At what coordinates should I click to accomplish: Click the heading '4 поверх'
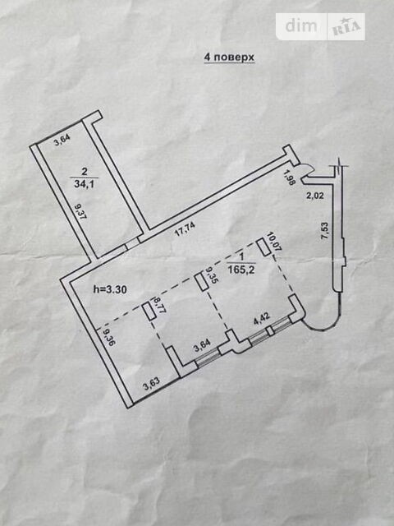click(x=229, y=58)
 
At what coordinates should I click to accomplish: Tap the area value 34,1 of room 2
click(x=84, y=184)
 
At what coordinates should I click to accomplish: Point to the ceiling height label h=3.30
click(x=111, y=288)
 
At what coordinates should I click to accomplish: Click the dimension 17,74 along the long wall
click(x=186, y=230)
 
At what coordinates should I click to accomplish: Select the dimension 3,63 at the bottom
click(x=152, y=385)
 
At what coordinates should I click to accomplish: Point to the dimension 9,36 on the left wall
click(x=108, y=337)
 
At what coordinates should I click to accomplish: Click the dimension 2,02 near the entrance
click(x=315, y=195)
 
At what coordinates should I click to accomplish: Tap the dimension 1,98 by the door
click(x=290, y=178)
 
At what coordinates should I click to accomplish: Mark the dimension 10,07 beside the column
click(x=277, y=241)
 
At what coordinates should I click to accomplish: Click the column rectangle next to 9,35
click(x=201, y=282)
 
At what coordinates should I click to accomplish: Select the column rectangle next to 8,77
click(x=148, y=311)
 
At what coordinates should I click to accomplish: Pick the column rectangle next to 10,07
click(x=264, y=247)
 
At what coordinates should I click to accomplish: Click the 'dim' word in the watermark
click(x=301, y=25)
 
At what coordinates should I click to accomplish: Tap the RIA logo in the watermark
click(x=346, y=27)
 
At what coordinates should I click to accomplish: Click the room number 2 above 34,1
click(x=84, y=172)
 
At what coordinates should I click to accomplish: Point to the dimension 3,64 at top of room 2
click(x=62, y=142)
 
